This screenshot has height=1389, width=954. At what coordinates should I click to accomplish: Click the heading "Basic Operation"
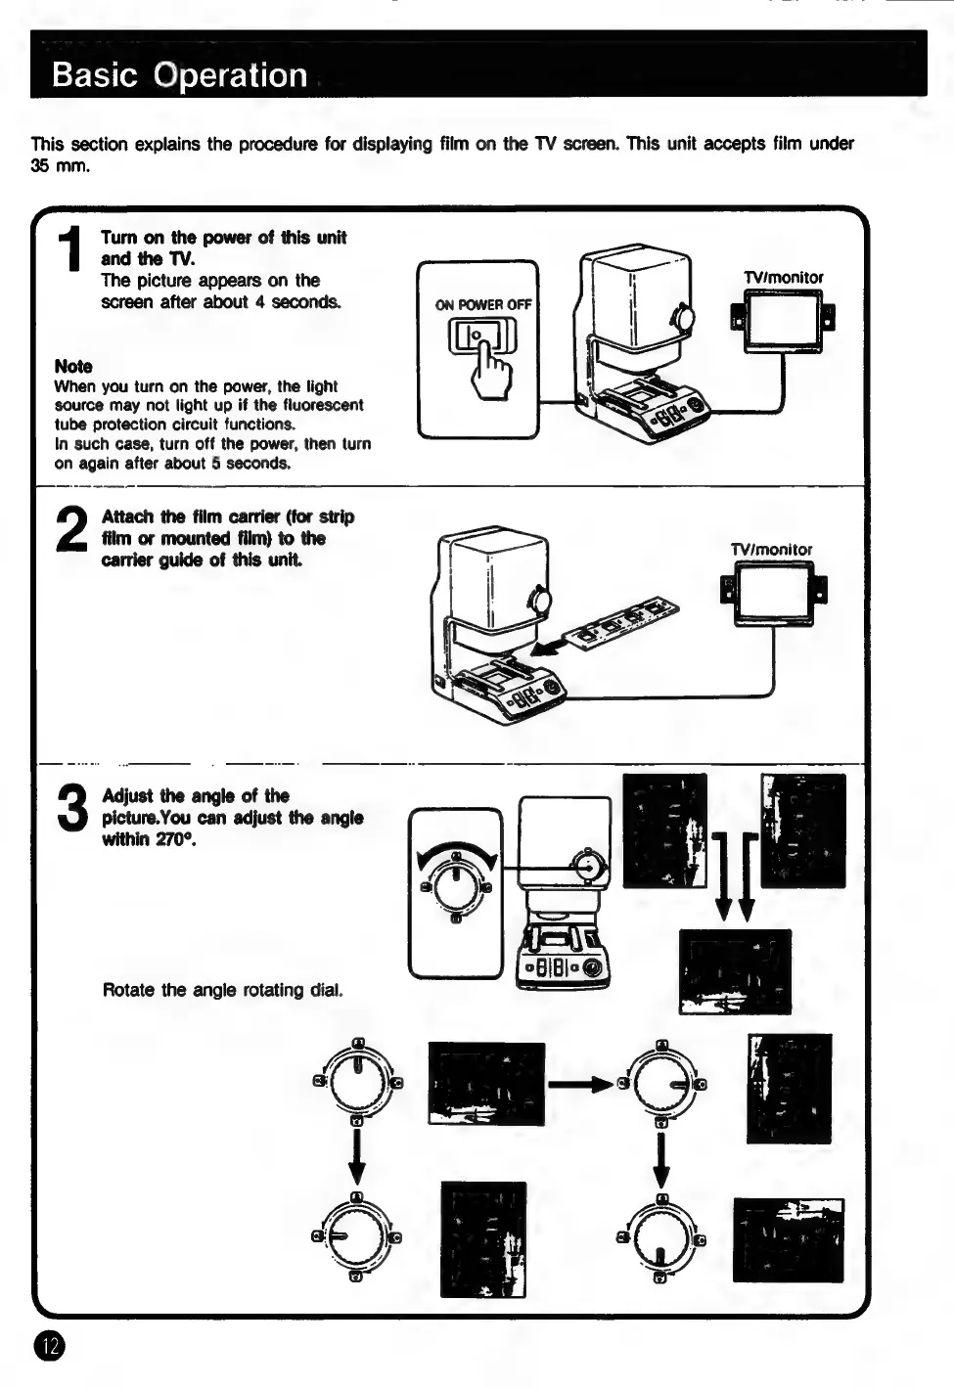[179, 74]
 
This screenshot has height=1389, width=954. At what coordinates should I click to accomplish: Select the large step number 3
[73, 810]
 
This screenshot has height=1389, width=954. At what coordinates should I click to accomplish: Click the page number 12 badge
[49, 1347]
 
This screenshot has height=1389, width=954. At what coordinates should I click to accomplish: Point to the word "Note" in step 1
[73, 366]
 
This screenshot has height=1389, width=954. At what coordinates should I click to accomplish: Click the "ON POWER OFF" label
[483, 304]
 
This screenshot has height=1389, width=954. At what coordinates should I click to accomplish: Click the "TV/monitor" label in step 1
[783, 278]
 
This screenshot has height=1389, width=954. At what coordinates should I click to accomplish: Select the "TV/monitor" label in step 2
[771, 550]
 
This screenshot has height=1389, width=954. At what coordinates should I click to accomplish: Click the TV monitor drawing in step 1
[783, 322]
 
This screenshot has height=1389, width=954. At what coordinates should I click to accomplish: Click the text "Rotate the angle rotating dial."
[222, 990]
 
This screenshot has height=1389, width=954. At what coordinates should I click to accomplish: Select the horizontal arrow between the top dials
[581, 1083]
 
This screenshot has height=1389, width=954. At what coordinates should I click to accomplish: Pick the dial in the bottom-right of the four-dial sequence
[661, 1237]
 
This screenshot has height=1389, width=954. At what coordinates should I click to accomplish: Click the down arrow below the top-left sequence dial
[357, 1155]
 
